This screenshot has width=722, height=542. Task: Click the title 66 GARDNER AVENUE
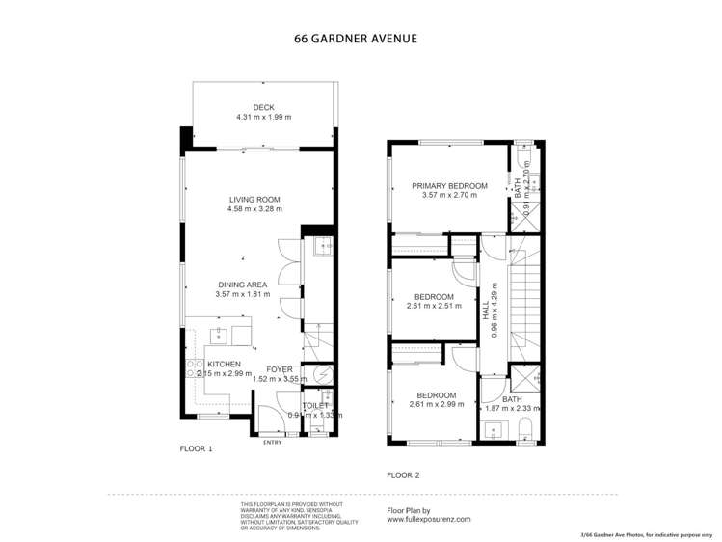[356, 41]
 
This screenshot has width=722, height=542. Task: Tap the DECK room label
[263, 107]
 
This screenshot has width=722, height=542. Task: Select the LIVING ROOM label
[254, 200]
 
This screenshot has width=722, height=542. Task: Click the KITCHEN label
[225, 364]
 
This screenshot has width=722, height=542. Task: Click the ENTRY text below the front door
[272, 443]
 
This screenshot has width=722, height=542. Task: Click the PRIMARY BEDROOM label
[449, 186]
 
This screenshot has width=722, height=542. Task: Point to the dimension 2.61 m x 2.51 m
[434, 306]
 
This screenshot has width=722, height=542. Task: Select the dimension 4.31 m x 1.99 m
[263, 117]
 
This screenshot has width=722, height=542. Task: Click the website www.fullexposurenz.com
[429, 519]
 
